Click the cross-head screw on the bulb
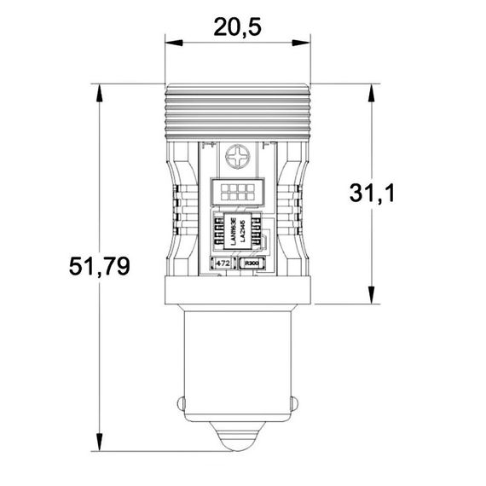pos(237,159)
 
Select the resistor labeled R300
pos(253,264)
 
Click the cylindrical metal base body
pos(237,367)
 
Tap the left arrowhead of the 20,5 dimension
pos(170,42)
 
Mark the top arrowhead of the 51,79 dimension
pos(100,90)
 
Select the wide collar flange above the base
pos(237,290)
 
